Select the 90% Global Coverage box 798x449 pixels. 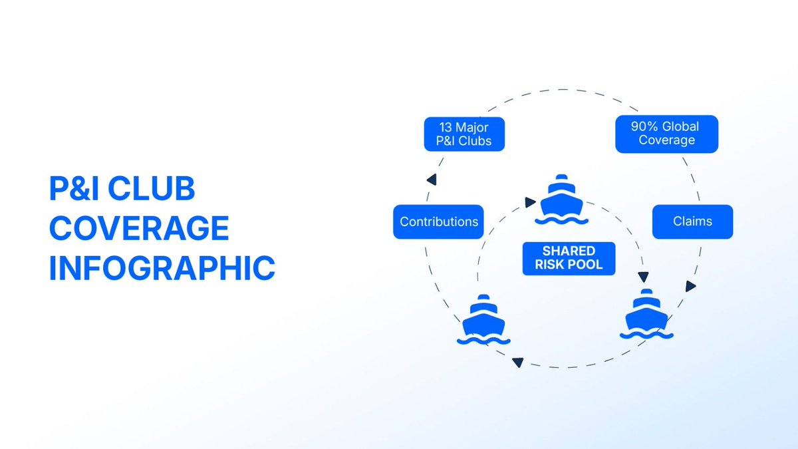[x=666, y=134]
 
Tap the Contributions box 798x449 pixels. [x=438, y=222]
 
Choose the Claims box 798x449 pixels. [x=692, y=222]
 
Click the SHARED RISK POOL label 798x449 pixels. [x=569, y=258]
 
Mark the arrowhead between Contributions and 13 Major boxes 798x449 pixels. [x=432, y=180]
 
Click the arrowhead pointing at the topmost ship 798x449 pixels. [x=530, y=202]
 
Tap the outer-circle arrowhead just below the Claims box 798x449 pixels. [x=690, y=286]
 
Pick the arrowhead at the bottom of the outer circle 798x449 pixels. [x=517, y=363]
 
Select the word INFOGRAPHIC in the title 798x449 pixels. [x=162, y=269]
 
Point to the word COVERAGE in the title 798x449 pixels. [x=139, y=229]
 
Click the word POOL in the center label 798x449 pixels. [x=589, y=265]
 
